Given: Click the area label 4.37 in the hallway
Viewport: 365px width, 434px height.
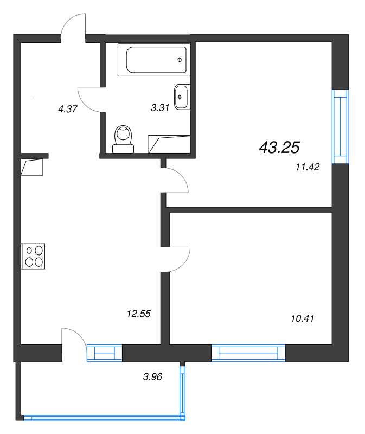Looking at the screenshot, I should [x=68, y=108].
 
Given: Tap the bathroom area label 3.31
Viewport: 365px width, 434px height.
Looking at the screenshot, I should [x=160, y=107].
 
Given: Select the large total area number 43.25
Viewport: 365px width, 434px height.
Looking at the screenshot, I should [x=280, y=147].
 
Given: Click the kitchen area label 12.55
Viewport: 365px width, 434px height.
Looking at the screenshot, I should [x=138, y=313].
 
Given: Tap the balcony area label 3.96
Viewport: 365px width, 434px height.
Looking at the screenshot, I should [x=151, y=375].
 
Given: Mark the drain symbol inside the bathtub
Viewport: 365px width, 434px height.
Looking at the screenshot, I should [x=179, y=60].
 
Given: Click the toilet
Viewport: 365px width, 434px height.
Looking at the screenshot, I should [x=124, y=138].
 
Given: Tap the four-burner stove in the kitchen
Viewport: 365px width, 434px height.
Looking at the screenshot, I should [x=34, y=256].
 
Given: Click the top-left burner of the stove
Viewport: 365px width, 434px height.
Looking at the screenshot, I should [x=29, y=251].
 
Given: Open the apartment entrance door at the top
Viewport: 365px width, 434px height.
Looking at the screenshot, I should [x=73, y=27].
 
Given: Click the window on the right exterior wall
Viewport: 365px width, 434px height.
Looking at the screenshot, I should [x=340, y=125].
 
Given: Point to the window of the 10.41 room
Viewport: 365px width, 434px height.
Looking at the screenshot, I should [x=248, y=353].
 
